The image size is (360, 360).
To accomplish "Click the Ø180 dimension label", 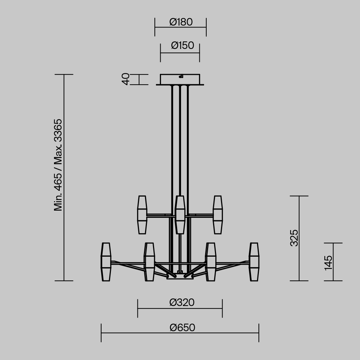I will (x=181, y=22).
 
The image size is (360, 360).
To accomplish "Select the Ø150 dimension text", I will (x=182, y=46).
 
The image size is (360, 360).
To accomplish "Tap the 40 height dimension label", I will (x=125, y=79).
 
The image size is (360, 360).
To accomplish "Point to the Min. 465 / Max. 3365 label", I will (x=58, y=165).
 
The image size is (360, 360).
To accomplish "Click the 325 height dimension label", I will (x=294, y=238).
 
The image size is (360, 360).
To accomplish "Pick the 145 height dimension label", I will (x=328, y=262).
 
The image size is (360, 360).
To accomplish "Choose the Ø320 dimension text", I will (x=182, y=302).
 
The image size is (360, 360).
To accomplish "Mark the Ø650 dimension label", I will (x=182, y=328).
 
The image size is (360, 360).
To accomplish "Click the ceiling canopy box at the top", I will (x=180, y=79).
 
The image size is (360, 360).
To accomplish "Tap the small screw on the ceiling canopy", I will (x=181, y=76).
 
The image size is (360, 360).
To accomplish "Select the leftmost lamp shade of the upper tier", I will (x=142, y=215).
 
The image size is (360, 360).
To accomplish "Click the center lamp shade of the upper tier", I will (x=180, y=215).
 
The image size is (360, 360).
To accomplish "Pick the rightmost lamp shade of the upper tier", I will (x=217, y=215).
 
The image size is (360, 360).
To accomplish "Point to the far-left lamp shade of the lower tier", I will (x=106, y=262).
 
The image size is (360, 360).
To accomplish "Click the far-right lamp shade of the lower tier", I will (x=254, y=262).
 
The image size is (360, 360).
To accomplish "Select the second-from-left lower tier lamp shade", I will (x=149, y=262).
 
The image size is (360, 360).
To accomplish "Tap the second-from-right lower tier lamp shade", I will (x=211, y=262).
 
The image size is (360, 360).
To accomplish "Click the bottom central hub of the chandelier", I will (x=180, y=276).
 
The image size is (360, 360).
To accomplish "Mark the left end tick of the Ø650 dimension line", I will (x=101, y=333).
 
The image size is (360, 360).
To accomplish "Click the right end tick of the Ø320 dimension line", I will (x=222, y=309).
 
